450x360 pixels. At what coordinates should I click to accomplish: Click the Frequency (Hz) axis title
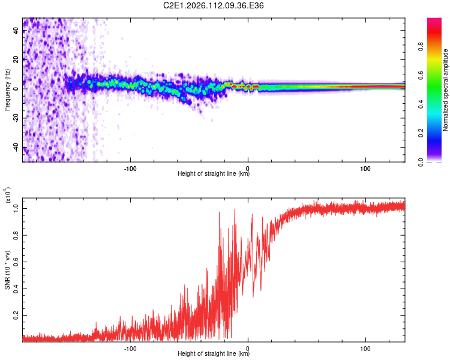pyautogui.click(x=7, y=90)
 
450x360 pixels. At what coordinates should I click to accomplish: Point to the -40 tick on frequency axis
pyautogui.click(x=16, y=148)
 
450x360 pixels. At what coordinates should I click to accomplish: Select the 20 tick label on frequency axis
pyautogui.click(x=16, y=59)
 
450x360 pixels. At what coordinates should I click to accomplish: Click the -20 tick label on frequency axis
pyautogui.click(x=16, y=118)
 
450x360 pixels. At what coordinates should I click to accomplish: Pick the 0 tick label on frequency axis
pyautogui.click(x=16, y=89)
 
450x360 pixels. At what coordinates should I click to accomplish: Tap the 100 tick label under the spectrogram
pyautogui.click(x=365, y=167)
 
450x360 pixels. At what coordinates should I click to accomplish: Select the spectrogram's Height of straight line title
pyautogui.click(x=214, y=174)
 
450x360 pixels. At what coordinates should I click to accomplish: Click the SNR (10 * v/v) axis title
pyautogui.click(x=7, y=269)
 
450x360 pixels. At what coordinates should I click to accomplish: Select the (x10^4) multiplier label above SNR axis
pyautogui.click(x=8, y=195)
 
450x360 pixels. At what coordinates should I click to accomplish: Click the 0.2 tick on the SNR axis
pyautogui.click(x=16, y=314)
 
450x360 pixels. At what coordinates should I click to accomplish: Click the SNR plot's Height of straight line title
pyautogui.click(x=214, y=354)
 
